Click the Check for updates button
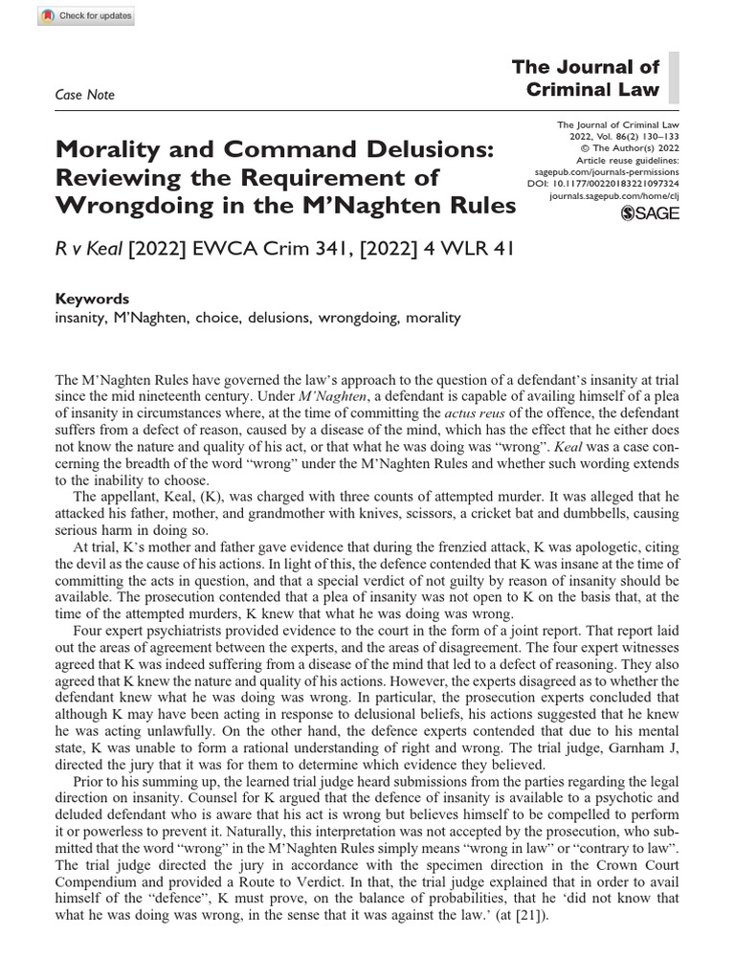click(x=73, y=16)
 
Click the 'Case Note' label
click(x=86, y=95)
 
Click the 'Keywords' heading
click(x=94, y=299)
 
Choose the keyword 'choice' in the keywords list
click(x=223, y=317)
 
